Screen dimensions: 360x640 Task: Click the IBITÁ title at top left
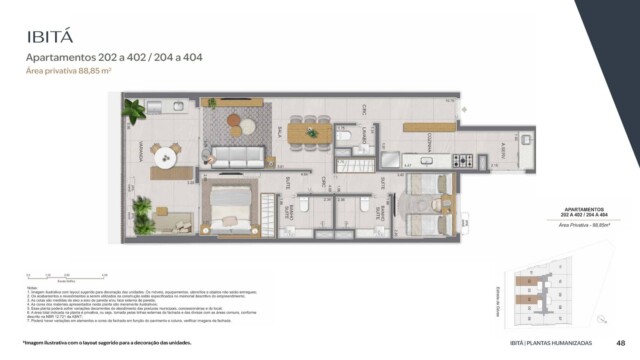49,37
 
